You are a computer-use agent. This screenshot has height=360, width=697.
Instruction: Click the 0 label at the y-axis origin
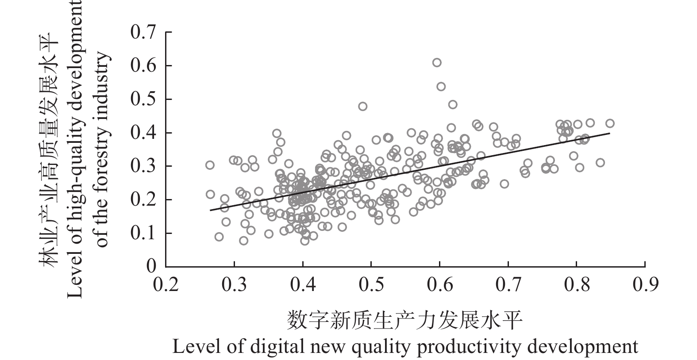(x=151, y=267)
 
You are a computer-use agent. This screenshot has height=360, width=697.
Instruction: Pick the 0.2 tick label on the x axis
(x=166, y=284)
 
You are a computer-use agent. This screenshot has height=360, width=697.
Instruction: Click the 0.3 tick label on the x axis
(x=234, y=284)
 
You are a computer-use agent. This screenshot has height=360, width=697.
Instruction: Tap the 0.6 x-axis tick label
(x=439, y=284)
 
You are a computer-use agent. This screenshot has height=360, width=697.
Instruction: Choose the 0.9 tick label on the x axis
(x=645, y=284)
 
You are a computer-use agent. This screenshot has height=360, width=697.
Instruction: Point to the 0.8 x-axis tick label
(x=576, y=284)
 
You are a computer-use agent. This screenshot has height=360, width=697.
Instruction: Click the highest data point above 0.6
(x=437, y=63)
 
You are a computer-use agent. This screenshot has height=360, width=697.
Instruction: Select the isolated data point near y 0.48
(x=362, y=106)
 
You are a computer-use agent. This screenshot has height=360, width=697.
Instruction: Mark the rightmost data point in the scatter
(x=610, y=123)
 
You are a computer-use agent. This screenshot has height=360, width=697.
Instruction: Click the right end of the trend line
(x=610, y=133)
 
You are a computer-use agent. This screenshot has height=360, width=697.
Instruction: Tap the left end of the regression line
(x=210, y=210)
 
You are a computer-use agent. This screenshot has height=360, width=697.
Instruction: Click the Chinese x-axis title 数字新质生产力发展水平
(x=405, y=320)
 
